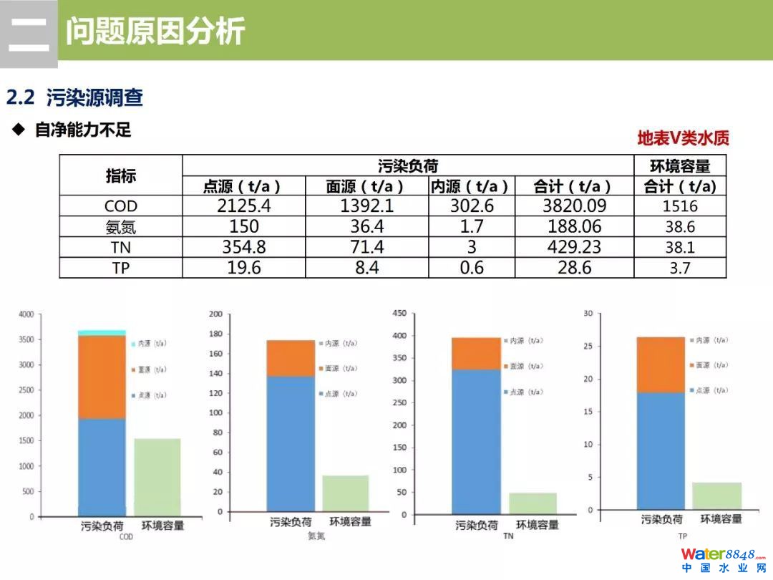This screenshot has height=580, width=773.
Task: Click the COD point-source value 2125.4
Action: pyautogui.click(x=244, y=206)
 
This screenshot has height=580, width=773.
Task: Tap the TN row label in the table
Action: pyautogui.click(x=121, y=248)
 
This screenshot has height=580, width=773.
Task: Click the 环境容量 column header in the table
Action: pyautogui.click(x=679, y=166)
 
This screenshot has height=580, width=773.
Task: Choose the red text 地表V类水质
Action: pyautogui.click(x=683, y=138)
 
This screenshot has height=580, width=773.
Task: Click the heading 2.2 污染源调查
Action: pyautogui.click(x=74, y=97)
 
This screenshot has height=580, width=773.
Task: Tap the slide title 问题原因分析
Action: pyautogui.click(x=155, y=31)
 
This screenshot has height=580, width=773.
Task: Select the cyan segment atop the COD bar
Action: pyautogui.click(x=102, y=332)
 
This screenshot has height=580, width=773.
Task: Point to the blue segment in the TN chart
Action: pyautogui.click(x=476, y=440)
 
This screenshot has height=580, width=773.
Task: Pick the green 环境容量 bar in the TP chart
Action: pyautogui.click(x=716, y=496)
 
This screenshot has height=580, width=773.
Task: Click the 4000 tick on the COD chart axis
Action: pyautogui.click(x=26, y=314)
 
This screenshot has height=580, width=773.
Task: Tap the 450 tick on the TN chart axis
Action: pyautogui.click(x=399, y=313)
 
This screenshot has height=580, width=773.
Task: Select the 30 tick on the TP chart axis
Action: pyautogui.click(x=588, y=314)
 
